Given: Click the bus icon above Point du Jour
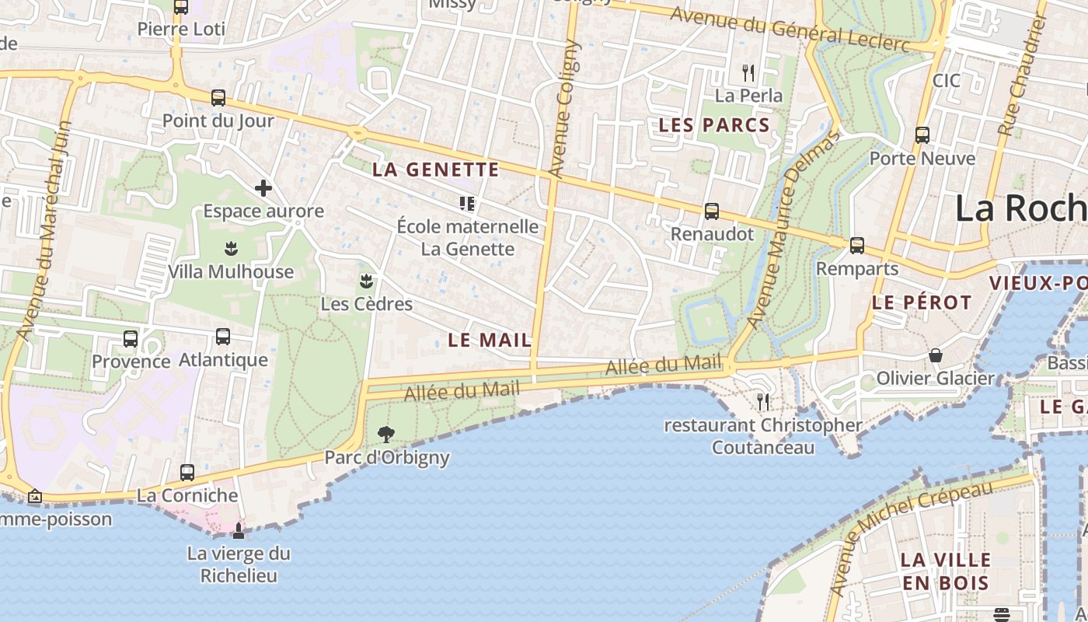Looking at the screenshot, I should (218, 98).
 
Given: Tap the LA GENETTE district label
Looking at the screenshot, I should (435, 169).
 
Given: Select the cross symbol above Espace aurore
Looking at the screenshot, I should (263, 188).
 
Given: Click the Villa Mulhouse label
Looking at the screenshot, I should (231, 272).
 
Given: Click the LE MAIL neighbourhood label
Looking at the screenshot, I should (490, 340).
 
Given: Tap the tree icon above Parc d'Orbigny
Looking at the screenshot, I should (386, 434).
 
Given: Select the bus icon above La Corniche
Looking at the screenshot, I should (187, 472).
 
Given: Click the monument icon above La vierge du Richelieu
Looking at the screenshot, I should (239, 530).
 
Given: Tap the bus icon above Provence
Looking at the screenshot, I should (131, 339).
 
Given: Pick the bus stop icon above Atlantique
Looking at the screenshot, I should (223, 337).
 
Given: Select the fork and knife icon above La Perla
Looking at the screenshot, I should (748, 73).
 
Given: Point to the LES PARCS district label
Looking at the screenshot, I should (713, 125).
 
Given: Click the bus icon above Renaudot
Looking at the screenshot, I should (711, 211).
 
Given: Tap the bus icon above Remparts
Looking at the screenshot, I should (857, 246).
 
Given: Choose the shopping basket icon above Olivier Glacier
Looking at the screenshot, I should (936, 355).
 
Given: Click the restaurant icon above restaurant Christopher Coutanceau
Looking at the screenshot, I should (763, 402).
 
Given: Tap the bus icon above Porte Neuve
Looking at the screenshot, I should (922, 135).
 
